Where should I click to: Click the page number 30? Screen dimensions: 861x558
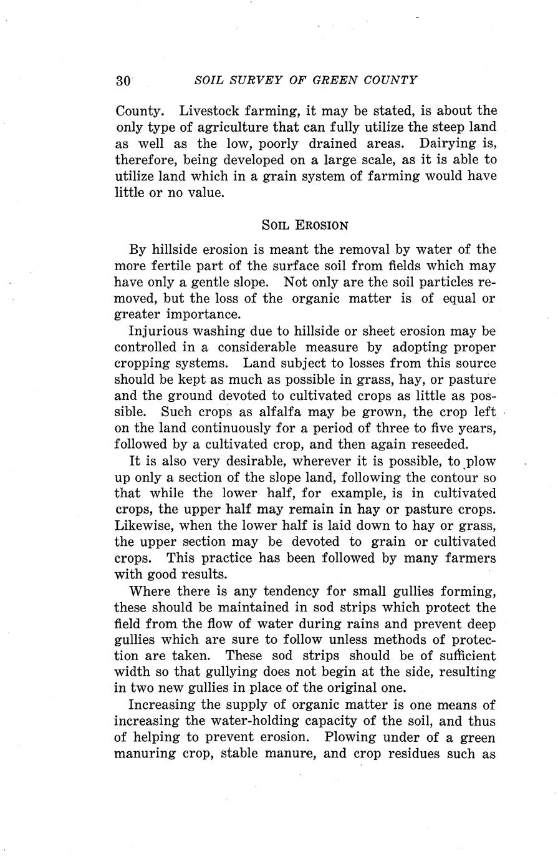(x=123, y=81)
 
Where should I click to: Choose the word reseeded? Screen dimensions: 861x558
(x=441, y=444)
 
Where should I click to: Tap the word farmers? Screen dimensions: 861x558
(x=469, y=558)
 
